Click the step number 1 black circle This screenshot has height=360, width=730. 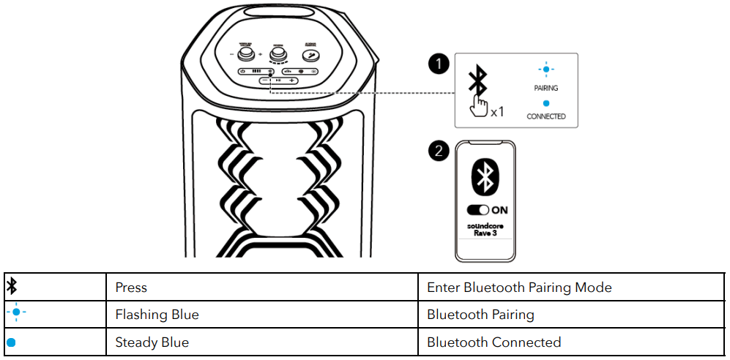439,64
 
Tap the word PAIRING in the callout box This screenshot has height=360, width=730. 545,88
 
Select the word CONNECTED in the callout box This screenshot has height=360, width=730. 546,116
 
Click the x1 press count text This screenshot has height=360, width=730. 497,112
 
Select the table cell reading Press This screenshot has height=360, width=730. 131,288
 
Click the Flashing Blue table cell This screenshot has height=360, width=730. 157,315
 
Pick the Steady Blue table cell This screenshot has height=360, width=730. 152,342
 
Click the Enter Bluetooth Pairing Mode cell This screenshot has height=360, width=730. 519,288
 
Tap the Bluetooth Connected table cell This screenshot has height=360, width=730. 494,342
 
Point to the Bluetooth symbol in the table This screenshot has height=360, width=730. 12,287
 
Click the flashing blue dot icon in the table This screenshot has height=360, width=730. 15,315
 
